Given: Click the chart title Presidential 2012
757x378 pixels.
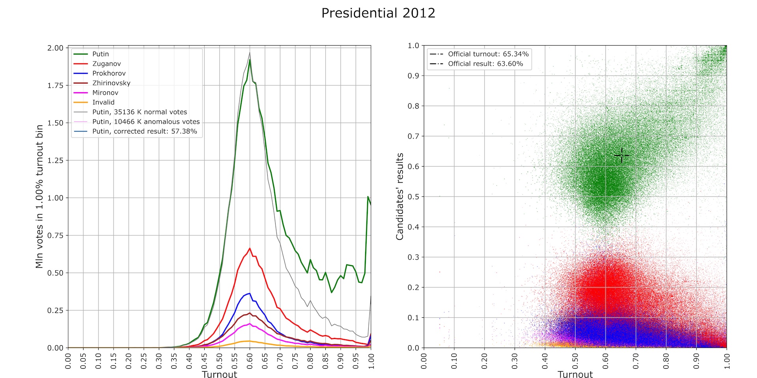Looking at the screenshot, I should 378,13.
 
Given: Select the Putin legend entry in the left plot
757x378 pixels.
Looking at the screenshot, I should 101,54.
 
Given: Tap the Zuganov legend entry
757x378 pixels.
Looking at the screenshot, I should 106,64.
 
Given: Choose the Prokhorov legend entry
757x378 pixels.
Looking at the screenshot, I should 109,73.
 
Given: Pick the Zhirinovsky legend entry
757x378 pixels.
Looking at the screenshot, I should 111,83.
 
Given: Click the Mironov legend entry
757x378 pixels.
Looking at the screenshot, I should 105,93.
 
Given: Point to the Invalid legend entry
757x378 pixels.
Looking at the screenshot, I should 103,102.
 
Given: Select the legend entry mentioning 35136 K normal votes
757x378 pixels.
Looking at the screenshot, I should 140,112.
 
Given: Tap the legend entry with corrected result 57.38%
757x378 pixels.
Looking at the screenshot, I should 145,131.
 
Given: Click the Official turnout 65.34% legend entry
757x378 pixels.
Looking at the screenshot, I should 488,54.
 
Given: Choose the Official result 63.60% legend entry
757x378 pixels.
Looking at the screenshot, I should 485,64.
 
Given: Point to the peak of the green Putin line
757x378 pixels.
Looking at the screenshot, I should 250,60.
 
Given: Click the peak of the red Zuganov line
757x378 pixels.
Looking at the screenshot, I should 250,248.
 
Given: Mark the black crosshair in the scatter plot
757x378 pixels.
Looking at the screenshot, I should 622,156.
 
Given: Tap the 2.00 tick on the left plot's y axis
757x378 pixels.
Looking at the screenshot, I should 55,48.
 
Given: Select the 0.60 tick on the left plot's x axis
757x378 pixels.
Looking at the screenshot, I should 250,361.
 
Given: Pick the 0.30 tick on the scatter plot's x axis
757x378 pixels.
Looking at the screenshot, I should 515,361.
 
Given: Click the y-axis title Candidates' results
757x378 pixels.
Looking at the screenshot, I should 400,196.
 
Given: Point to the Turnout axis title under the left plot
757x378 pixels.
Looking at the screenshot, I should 219,374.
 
